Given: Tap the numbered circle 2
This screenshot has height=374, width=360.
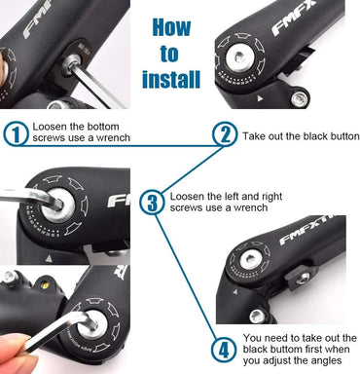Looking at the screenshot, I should click(225, 134).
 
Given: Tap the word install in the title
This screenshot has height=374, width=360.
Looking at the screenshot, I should click(171, 80).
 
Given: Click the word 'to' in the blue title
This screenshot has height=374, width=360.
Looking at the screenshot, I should click(171, 53).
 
